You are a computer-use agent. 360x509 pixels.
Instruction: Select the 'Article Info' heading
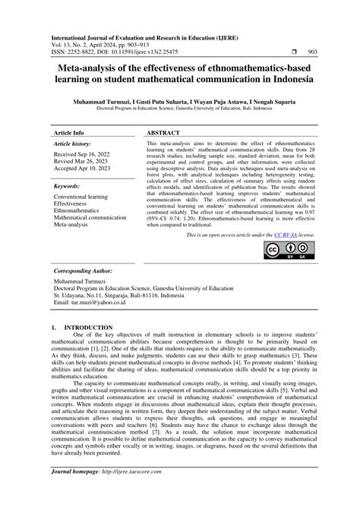coord(68,131)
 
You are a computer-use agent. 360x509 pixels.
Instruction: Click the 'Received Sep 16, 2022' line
coord(86,153)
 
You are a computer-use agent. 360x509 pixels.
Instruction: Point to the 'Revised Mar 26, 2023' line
coord(84,161)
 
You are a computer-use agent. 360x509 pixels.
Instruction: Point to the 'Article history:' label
coord(74,143)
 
